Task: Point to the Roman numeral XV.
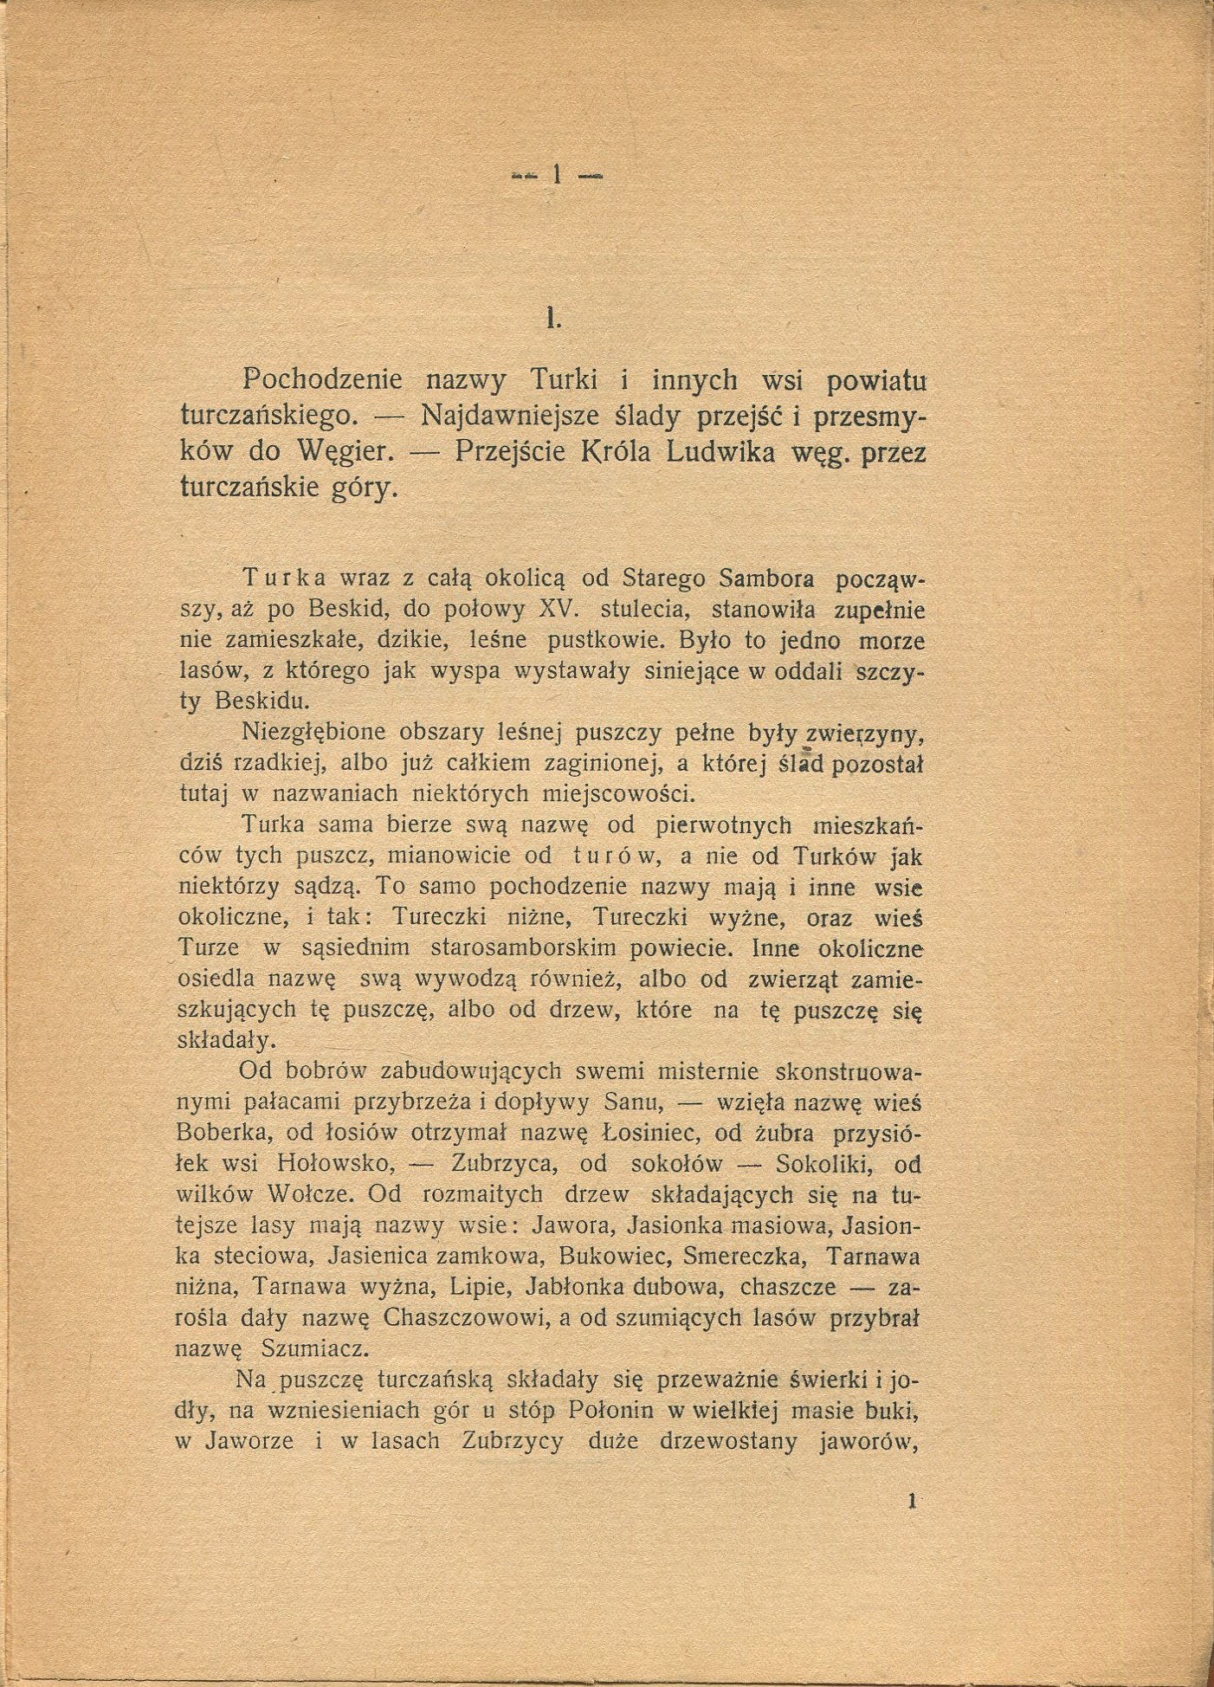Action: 559,608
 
